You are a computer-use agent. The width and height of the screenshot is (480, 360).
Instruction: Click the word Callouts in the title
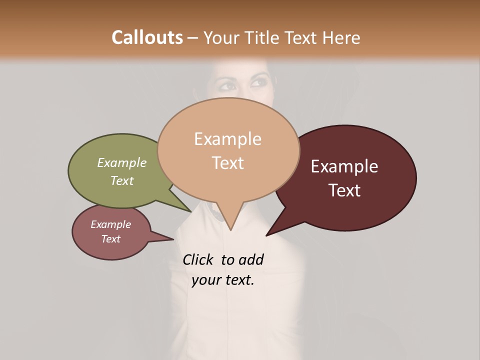pyautogui.click(x=147, y=37)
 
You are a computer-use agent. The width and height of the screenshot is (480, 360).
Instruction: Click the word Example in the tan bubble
pyautogui.click(x=227, y=139)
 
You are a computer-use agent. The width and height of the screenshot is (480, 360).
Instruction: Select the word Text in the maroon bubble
pyautogui.click(x=344, y=190)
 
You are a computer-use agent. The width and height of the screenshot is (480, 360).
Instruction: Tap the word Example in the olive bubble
pyautogui.click(x=122, y=162)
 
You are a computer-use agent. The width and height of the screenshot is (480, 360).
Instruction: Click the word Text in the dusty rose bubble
pyautogui.click(x=110, y=239)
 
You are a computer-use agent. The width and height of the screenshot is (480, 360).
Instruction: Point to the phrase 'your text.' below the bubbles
pyautogui.click(x=223, y=280)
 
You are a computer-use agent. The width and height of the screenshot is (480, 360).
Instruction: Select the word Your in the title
pyautogui.click(x=220, y=37)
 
